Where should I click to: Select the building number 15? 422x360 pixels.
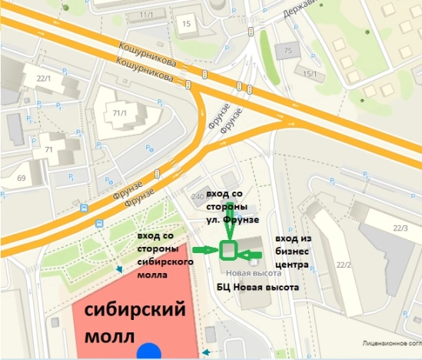[x=186, y=24]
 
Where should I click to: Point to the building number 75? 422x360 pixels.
[x=288, y=51]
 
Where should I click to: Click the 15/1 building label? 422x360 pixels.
[x=311, y=73]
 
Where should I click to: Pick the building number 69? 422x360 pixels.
[x=21, y=179]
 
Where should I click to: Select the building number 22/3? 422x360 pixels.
[x=400, y=228]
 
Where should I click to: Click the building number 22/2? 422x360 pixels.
[x=342, y=265]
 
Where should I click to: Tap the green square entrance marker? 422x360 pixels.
[x=228, y=250]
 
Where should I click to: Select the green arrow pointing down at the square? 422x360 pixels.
[x=228, y=228]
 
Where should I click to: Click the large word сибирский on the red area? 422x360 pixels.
[x=135, y=312]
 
